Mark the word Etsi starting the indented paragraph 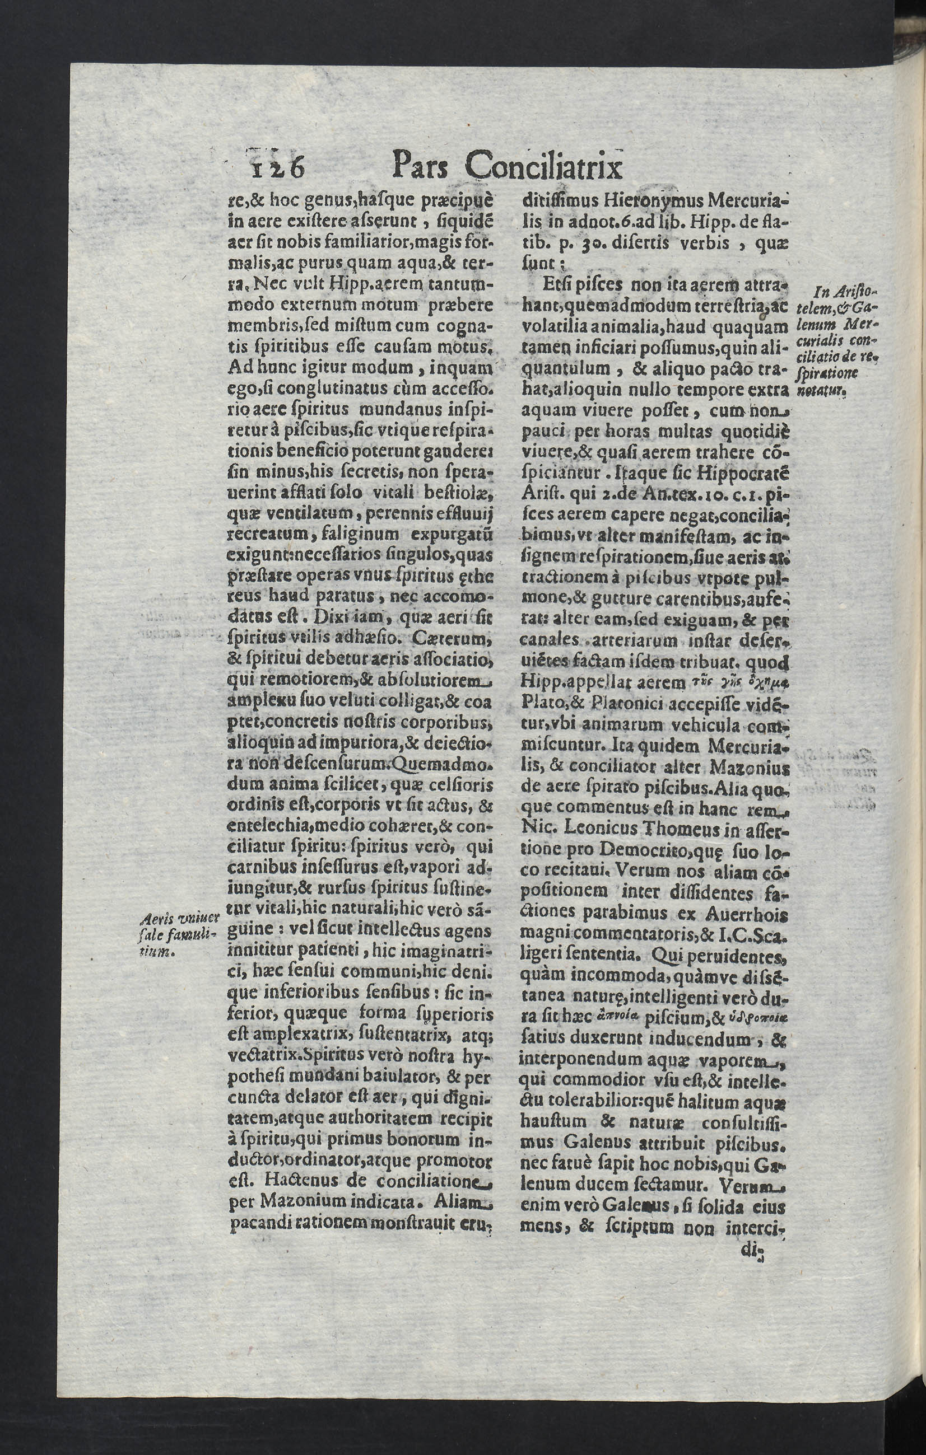(x=556, y=284)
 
